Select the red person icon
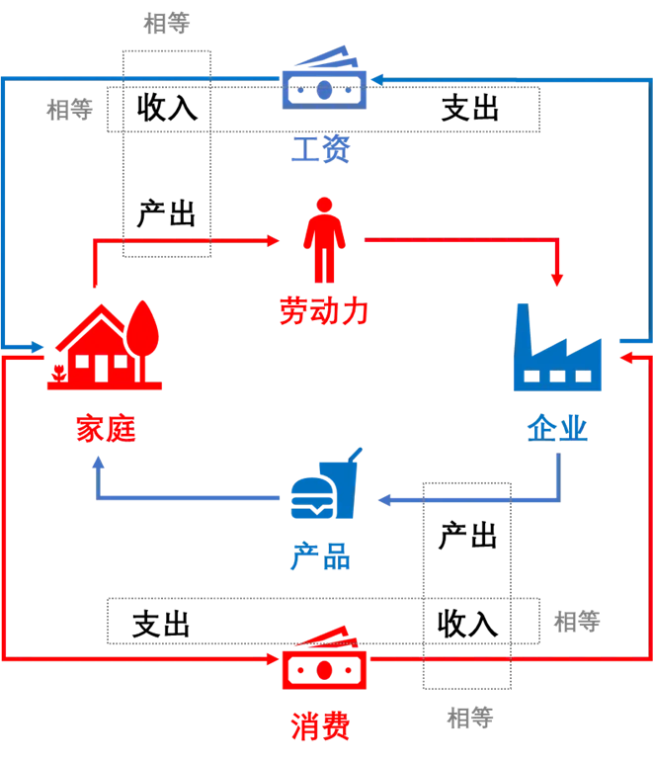pyautogui.click(x=323, y=239)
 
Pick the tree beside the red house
pyautogui.click(x=144, y=336)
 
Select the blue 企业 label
pyautogui.click(x=557, y=428)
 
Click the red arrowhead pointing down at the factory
pyautogui.click(x=558, y=281)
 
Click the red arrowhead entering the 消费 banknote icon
pyautogui.click(x=273, y=657)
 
